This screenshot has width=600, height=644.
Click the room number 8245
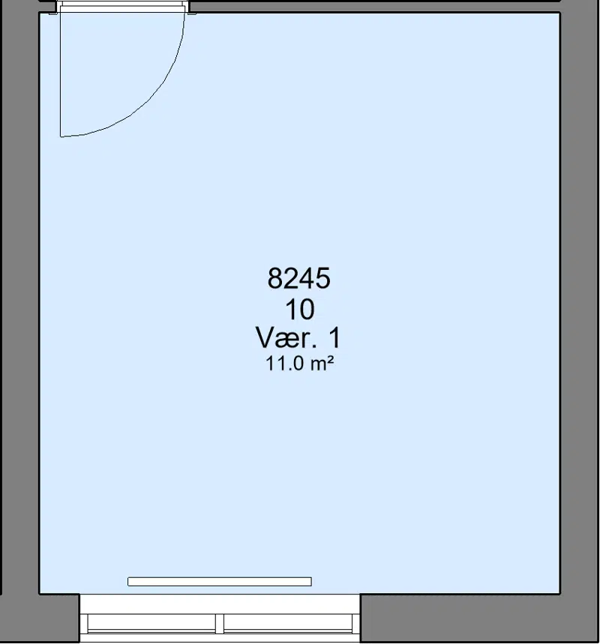coord(298,278)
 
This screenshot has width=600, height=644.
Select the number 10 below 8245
coord(300,310)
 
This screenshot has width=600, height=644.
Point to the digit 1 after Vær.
coord(334,337)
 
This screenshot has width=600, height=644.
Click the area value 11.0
coord(284,364)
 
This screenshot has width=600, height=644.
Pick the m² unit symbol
coord(321,364)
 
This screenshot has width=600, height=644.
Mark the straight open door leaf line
coord(61,74)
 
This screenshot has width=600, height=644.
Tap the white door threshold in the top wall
coord(122,6)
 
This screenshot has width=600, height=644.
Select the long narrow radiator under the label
coord(220,581)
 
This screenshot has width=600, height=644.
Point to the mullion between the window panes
coord(220,624)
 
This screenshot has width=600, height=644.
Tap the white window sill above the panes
coord(220,604)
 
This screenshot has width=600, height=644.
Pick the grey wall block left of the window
coord(59,619)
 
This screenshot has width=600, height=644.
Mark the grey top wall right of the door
coord(375,6)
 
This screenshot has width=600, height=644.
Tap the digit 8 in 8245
coord(274,278)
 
